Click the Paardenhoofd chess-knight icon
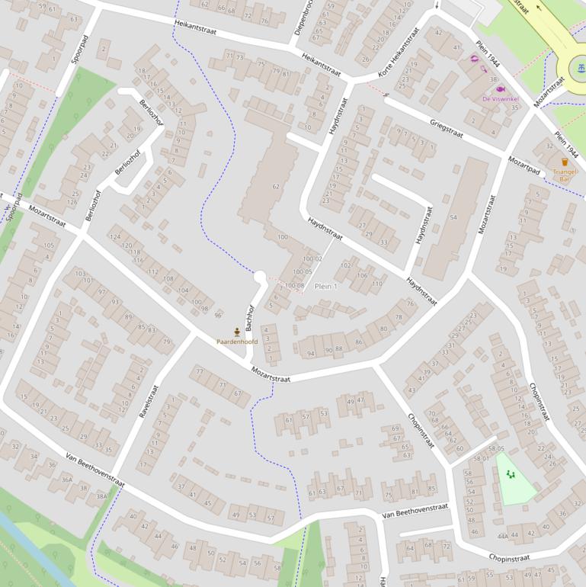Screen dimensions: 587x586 (237, 332)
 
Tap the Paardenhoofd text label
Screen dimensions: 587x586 (237, 342)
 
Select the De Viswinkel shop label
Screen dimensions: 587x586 (500, 99)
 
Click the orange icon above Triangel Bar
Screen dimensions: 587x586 (565, 162)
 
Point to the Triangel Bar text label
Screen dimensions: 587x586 (565, 175)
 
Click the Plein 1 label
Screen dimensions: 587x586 (325, 286)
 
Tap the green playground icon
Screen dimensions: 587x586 (511, 474)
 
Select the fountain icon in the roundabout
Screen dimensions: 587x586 (581, 69)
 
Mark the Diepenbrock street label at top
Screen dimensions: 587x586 (303, 17)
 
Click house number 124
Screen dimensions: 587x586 (115, 237)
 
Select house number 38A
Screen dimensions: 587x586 (101, 496)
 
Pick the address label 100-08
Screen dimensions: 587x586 (294, 286)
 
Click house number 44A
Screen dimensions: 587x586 (502, 537)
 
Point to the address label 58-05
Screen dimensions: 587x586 (496, 449)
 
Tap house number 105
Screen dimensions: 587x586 (50, 245)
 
